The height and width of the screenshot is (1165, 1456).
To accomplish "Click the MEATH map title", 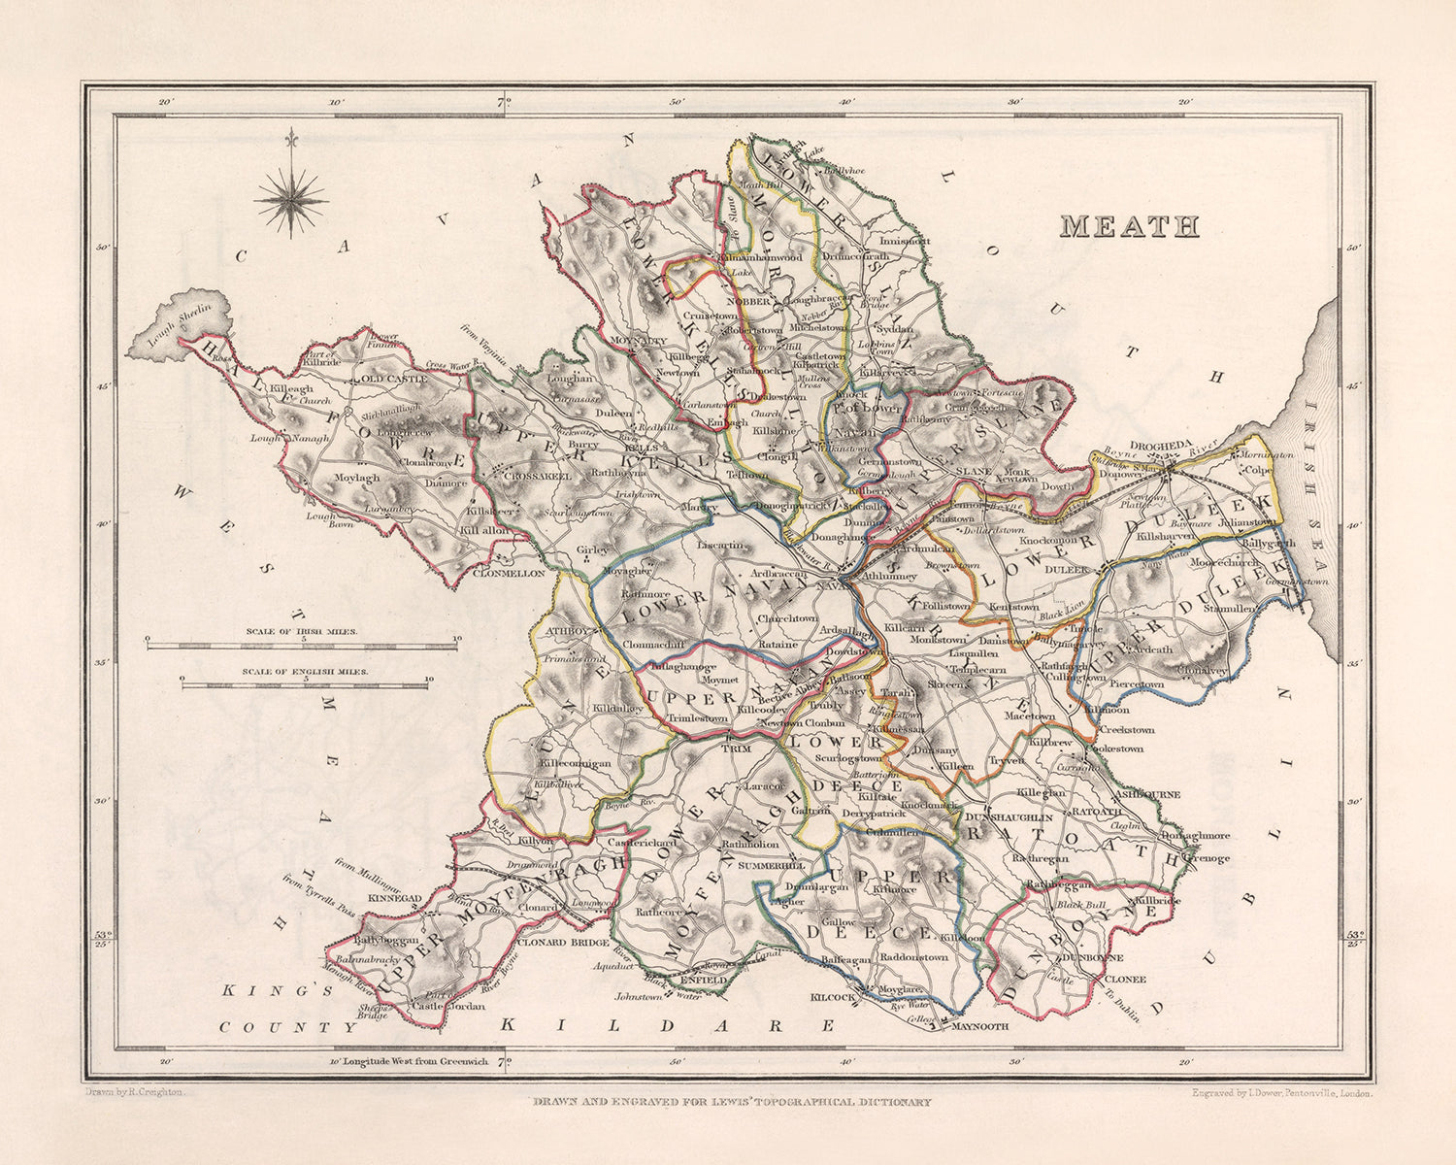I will click(1129, 226).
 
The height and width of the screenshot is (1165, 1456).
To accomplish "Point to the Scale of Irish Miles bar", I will click(302, 641).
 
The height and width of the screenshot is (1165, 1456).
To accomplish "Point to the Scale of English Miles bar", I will click(306, 684).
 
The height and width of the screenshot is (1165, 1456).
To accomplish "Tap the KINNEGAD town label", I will click(395, 899).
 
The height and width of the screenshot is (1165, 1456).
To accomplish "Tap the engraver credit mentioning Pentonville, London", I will click(1281, 1092).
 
